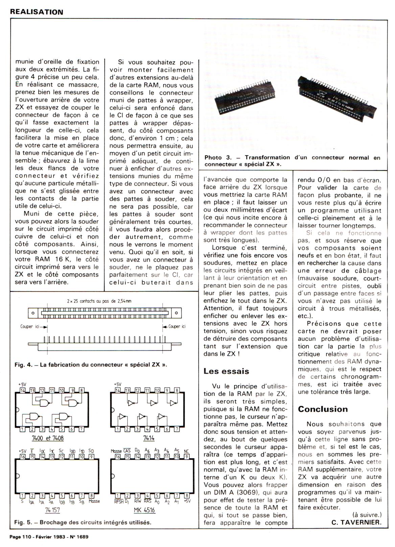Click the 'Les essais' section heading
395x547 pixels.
point(226,371)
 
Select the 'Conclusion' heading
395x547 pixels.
point(323,409)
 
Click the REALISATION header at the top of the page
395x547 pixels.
point(37,12)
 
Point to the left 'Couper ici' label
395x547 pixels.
point(31,326)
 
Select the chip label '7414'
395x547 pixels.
point(149,438)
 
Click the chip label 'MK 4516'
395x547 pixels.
point(149,510)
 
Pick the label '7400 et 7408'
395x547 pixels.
point(48,438)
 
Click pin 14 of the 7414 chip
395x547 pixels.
point(117,390)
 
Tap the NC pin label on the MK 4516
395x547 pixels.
point(186,451)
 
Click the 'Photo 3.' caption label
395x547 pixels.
point(218,157)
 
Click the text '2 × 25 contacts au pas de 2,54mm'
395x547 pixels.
point(99,301)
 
